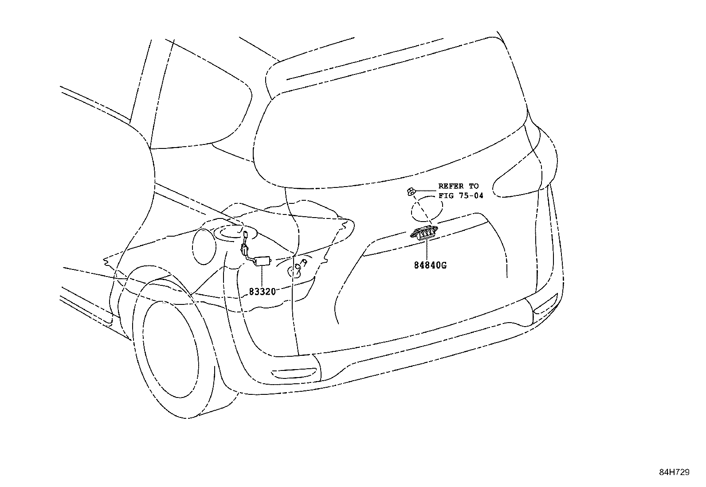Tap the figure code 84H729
(674, 472)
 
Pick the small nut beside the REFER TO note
(411, 191)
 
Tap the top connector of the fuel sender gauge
(245, 234)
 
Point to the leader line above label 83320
(263, 276)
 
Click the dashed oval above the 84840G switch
(427, 209)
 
